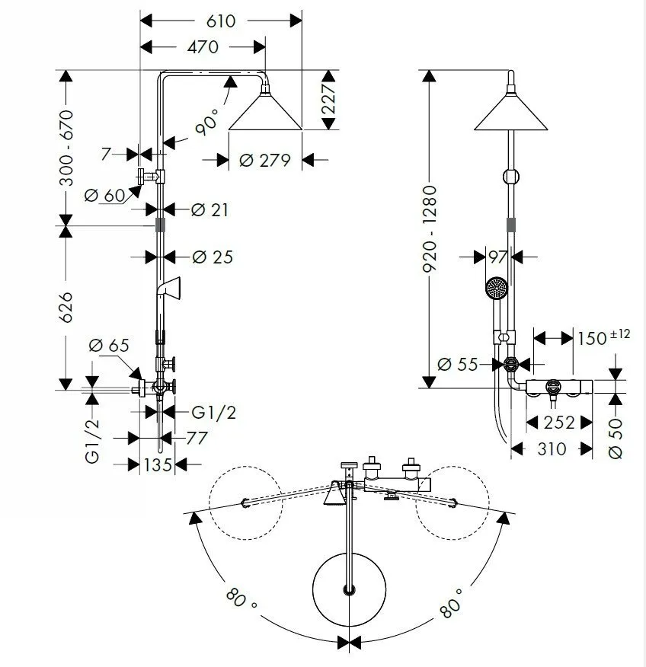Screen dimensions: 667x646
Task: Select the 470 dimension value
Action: click(203, 46)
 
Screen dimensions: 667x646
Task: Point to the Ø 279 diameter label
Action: click(264, 161)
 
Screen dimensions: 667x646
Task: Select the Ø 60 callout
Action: click(104, 195)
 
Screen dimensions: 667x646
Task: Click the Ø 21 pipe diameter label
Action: click(209, 209)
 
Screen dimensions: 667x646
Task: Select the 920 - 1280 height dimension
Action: click(430, 229)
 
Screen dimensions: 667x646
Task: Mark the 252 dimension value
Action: click(560, 422)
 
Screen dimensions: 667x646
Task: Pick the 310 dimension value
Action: click(552, 448)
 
